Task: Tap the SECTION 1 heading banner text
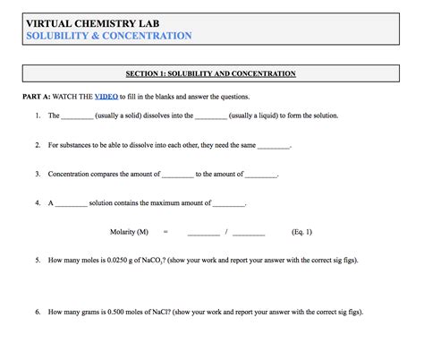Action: (211, 73)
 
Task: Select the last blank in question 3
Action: (260, 176)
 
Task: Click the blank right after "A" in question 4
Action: (72, 204)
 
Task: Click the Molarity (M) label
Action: (129, 232)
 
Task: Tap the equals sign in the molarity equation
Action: (165, 232)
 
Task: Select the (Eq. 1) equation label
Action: (301, 232)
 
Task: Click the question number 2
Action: (38, 145)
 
